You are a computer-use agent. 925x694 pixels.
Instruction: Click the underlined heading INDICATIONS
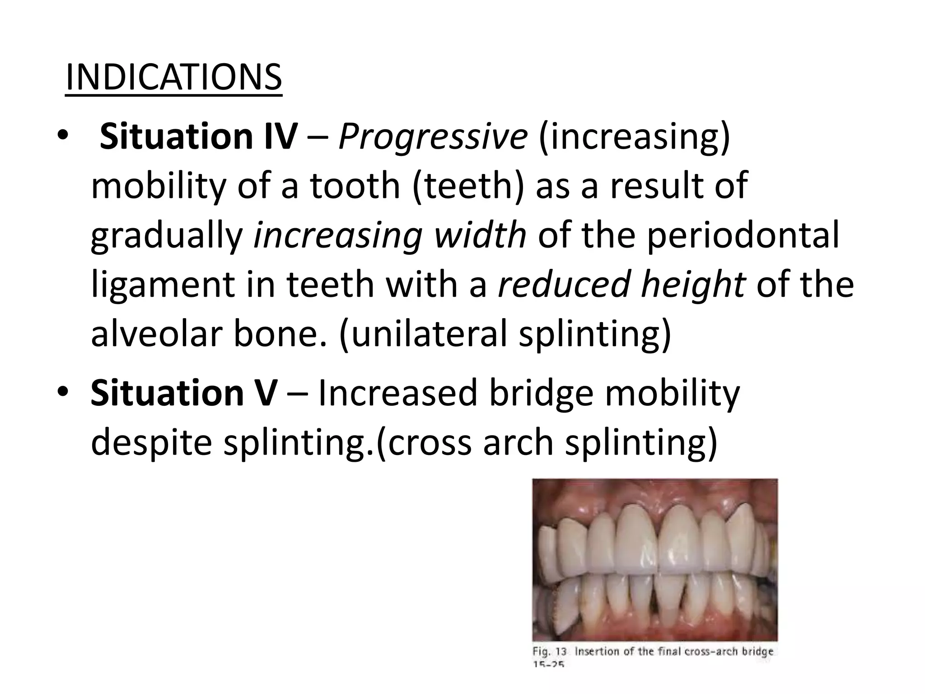point(173,78)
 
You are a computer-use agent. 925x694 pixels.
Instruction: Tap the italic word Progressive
point(433,137)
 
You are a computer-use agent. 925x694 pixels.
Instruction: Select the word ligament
point(163,286)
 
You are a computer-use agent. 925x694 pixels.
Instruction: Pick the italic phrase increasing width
point(389,235)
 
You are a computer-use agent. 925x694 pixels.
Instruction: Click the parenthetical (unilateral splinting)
point(505,334)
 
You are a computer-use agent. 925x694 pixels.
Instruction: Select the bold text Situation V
point(183,393)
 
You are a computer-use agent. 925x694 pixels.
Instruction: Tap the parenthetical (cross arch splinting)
point(547,442)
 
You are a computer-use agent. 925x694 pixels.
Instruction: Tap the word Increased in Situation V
point(397,393)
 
